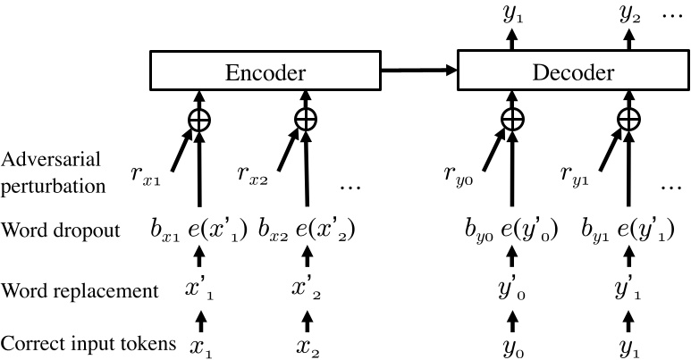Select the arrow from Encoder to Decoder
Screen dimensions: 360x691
coord(418,68)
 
